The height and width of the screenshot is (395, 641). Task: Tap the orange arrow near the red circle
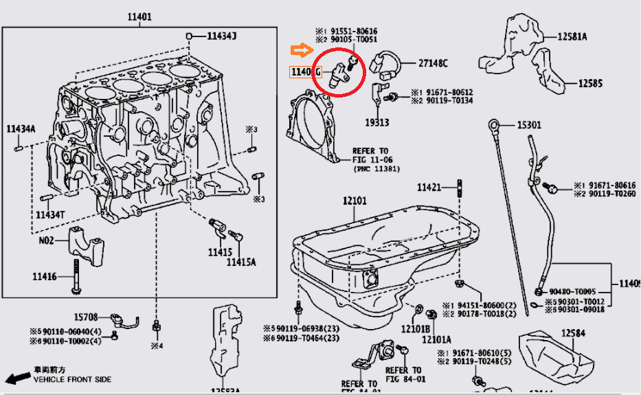click(301, 49)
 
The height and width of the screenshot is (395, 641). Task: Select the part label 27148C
click(433, 64)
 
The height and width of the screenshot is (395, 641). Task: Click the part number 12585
click(589, 84)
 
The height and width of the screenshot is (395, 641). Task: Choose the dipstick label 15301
click(530, 125)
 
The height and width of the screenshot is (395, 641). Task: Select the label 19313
click(378, 123)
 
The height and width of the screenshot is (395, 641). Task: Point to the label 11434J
click(221, 36)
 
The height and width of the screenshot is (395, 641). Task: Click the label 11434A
click(21, 128)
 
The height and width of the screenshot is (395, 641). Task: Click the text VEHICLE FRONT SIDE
click(72, 379)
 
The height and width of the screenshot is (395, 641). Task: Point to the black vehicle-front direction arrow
click(16, 378)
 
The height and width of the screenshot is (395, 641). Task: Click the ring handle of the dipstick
click(494, 124)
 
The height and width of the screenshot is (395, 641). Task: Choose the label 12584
click(575, 333)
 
